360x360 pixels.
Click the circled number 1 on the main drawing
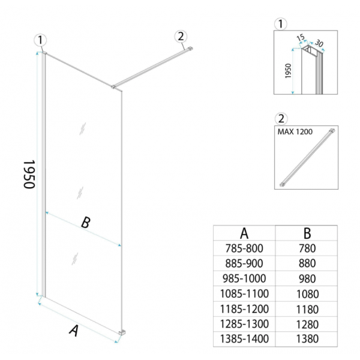[x=40, y=40]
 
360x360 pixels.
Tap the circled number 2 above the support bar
[x=181, y=37]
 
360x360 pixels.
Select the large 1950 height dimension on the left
[x=29, y=174]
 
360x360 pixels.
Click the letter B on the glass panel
[x=86, y=222]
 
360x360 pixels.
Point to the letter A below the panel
[x=74, y=331]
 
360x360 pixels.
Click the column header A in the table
[x=244, y=233]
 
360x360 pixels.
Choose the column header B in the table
[x=307, y=233]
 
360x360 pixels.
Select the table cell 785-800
[x=244, y=248]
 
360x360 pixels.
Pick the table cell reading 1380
[x=307, y=339]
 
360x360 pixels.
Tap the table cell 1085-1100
[x=244, y=293]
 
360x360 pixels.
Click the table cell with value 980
[x=307, y=279]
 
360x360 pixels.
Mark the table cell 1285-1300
[x=244, y=324]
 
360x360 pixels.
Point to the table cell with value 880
[x=307, y=263]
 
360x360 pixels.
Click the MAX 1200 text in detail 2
[x=295, y=132]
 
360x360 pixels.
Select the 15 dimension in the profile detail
[x=301, y=37]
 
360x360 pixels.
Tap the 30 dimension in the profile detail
[x=319, y=43]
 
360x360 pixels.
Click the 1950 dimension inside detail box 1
[x=288, y=71]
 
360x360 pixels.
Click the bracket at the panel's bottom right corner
[x=122, y=332]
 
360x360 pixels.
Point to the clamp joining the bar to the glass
[x=113, y=87]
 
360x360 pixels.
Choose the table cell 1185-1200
[x=244, y=309]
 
